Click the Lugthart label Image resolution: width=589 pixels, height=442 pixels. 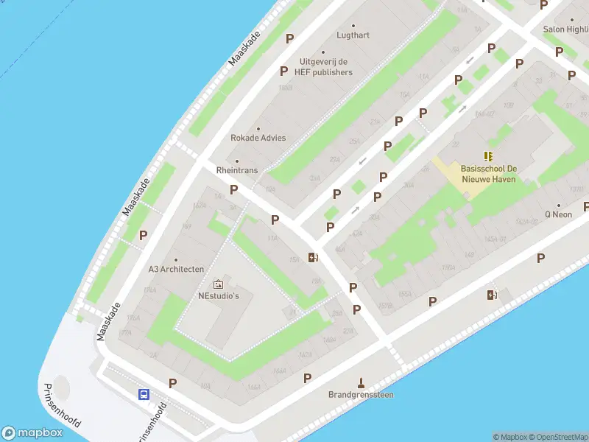pos(353,35)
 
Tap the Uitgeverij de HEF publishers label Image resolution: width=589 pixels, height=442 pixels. pos(325,67)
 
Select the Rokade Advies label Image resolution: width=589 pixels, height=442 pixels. pos(258,138)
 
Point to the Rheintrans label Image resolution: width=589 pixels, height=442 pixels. pos(237,169)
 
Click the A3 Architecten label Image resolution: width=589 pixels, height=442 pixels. pos(176,269)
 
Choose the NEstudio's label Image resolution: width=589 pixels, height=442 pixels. pos(219,296)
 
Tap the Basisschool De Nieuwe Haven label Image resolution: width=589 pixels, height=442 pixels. pos(489,173)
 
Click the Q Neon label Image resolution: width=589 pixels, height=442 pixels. pos(558,214)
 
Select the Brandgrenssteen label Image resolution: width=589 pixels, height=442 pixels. pos(361,394)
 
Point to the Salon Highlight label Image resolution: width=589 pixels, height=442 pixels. pos(565,29)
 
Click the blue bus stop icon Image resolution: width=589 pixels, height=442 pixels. pos(144,394)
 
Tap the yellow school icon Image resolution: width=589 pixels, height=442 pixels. pos(489,155)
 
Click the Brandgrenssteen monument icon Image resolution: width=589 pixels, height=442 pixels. pos(361,382)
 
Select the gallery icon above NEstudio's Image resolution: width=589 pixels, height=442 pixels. pos(218,284)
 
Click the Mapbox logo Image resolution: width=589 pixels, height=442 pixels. pos(32,433)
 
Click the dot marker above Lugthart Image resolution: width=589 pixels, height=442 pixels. pos(353,25)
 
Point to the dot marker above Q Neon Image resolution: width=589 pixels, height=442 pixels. pos(558,206)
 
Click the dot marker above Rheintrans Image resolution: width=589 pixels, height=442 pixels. pos(237,161)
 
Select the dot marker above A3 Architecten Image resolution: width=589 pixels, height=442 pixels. pos(176,259)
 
